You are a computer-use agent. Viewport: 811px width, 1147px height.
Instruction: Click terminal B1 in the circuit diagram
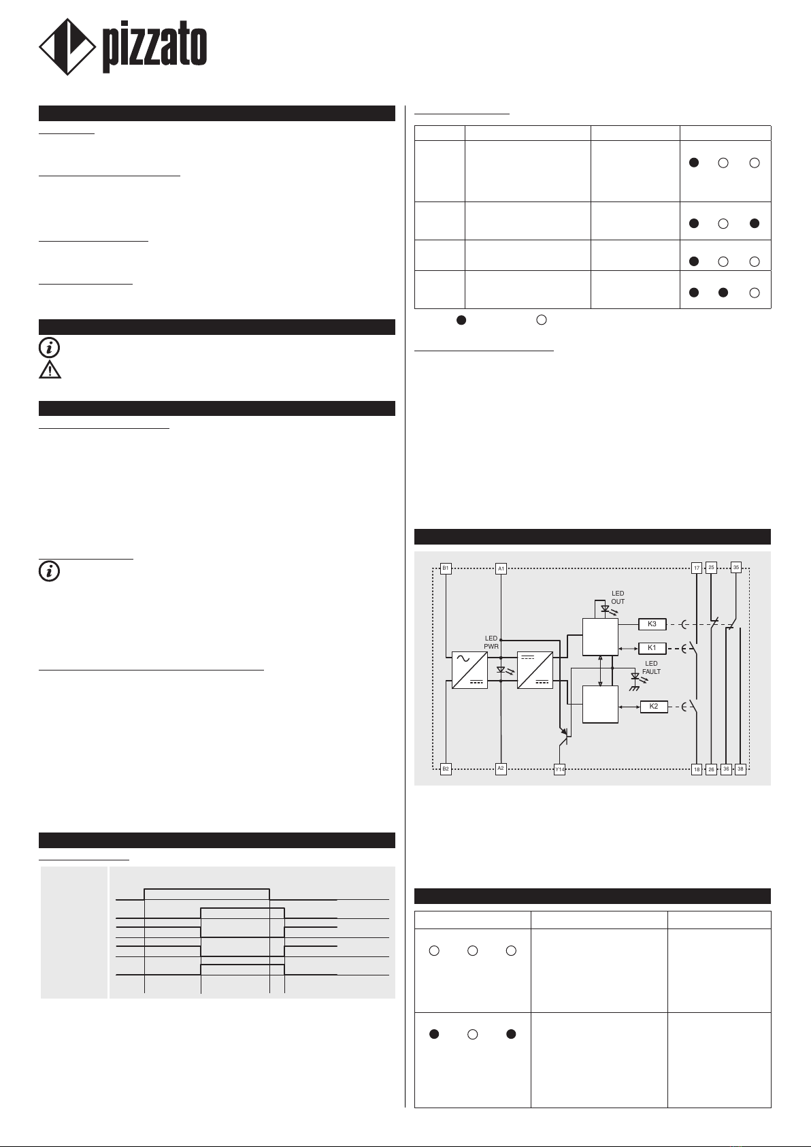click(446, 568)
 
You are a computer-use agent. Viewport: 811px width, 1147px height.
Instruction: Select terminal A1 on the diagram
click(501, 568)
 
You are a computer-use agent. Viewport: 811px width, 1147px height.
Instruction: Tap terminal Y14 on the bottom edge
click(559, 769)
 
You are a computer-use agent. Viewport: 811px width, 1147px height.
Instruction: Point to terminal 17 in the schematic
click(697, 568)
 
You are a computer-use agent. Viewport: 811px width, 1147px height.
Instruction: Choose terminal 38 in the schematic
click(741, 769)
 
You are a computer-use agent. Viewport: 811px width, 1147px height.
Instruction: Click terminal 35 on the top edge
click(735, 567)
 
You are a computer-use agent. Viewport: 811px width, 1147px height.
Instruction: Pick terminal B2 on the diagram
click(446, 769)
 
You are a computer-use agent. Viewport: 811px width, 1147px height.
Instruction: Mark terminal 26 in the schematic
click(711, 769)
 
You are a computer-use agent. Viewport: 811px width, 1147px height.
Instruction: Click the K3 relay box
click(652, 624)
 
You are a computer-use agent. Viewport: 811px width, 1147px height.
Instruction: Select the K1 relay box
click(652, 648)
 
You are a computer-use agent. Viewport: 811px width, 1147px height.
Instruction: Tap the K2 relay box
click(654, 707)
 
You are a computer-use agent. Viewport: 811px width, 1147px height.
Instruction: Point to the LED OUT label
click(618, 598)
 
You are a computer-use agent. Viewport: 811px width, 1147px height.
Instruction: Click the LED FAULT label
click(651, 667)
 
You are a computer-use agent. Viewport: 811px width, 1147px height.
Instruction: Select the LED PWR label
click(491, 643)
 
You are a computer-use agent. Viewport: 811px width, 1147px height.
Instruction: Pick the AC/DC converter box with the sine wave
click(469, 670)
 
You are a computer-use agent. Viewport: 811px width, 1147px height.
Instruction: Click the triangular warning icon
click(50, 369)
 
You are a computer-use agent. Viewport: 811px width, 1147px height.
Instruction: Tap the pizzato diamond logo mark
click(66, 47)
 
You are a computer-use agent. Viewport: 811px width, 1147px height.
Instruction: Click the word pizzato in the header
click(154, 48)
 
